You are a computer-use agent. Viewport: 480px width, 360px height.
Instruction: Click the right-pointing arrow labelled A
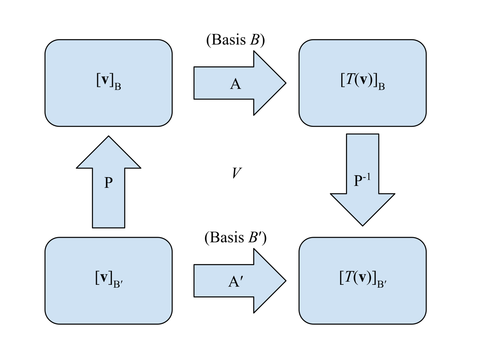240,83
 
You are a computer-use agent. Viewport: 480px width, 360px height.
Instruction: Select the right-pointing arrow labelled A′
240,281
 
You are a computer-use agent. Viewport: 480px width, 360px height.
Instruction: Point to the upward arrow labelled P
108,188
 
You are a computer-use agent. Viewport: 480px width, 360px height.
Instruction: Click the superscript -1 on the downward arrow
366,177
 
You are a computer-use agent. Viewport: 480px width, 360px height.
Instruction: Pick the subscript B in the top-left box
118,87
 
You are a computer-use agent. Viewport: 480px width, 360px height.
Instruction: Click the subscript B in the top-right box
381,86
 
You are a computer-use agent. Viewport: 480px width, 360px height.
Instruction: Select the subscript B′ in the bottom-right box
382,284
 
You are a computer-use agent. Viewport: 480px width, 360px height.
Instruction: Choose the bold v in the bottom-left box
104,278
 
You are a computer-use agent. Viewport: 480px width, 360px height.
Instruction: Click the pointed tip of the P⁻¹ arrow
362,224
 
